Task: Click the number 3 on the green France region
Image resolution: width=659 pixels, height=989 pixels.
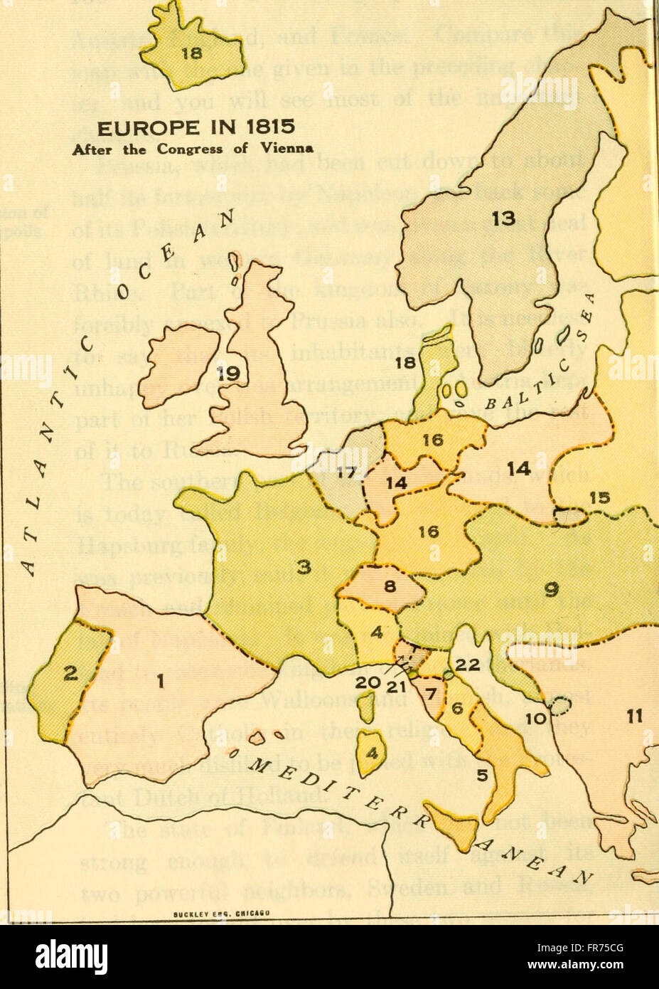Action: click(x=304, y=567)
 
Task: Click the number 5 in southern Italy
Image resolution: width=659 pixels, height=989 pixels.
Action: click(x=482, y=776)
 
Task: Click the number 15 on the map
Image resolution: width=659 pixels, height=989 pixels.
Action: click(x=601, y=499)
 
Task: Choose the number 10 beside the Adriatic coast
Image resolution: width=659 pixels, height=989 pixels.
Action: click(x=538, y=719)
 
